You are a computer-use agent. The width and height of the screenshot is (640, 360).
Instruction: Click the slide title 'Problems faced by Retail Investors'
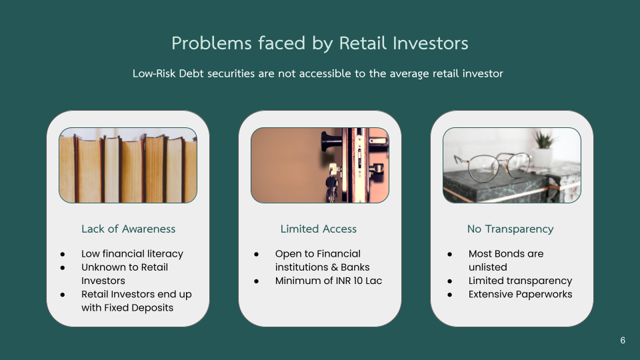coord(319,43)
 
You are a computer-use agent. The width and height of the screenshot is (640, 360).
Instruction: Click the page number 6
coord(623,341)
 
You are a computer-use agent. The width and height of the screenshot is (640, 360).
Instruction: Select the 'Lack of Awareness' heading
coord(128,229)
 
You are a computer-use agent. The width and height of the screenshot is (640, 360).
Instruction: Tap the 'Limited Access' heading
coord(319,229)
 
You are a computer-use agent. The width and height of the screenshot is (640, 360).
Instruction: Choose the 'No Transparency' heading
coord(510,229)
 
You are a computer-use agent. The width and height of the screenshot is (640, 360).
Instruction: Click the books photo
coord(128,165)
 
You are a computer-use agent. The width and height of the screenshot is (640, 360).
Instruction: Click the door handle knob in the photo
coord(329,141)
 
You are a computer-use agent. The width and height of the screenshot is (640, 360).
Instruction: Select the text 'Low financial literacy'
coord(132,254)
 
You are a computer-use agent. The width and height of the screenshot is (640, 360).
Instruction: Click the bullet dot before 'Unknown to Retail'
coord(63,268)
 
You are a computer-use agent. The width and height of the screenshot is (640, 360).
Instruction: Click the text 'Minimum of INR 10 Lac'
coord(329,281)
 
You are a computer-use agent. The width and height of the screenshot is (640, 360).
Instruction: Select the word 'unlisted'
coord(488,267)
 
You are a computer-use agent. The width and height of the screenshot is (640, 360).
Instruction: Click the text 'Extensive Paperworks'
coord(521,294)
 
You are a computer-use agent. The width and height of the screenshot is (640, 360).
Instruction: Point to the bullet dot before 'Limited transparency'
coord(450,281)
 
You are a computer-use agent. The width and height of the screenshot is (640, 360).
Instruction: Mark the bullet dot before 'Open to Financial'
coord(256,254)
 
